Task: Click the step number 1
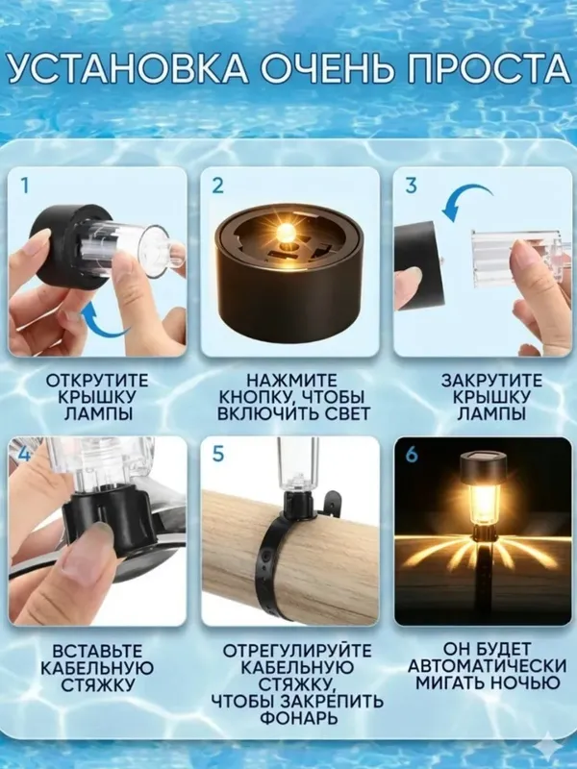pos(25,186)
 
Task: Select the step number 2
pos(217,186)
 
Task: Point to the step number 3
pos(412,186)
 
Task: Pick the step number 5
pos(218,454)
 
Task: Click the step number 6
pos(412,454)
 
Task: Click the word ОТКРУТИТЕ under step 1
pos(97,381)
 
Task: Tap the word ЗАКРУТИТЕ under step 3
pos(491,381)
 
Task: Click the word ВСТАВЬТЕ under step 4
pos(97,652)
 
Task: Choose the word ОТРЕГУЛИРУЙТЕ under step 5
pos(297,652)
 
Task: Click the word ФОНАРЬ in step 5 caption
pos(298,718)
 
